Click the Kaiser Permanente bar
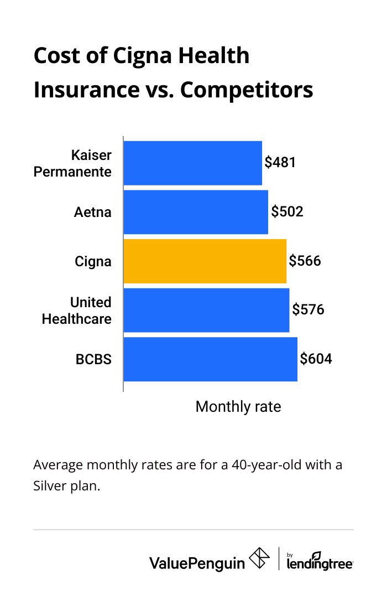click(192, 163)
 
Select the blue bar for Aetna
click(196, 212)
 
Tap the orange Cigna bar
click(205, 261)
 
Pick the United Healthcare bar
click(206, 310)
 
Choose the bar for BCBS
click(210, 359)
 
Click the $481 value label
click(280, 163)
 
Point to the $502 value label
click(287, 212)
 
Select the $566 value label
click(305, 261)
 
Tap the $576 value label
click(308, 310)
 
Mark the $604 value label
click(316, 359)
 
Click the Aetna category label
click(93, 212)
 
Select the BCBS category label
click(93, 359)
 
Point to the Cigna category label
click(93, 261)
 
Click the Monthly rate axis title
click(238, 407)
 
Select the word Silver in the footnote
click(50, 489)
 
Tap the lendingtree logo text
click(320, 562)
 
